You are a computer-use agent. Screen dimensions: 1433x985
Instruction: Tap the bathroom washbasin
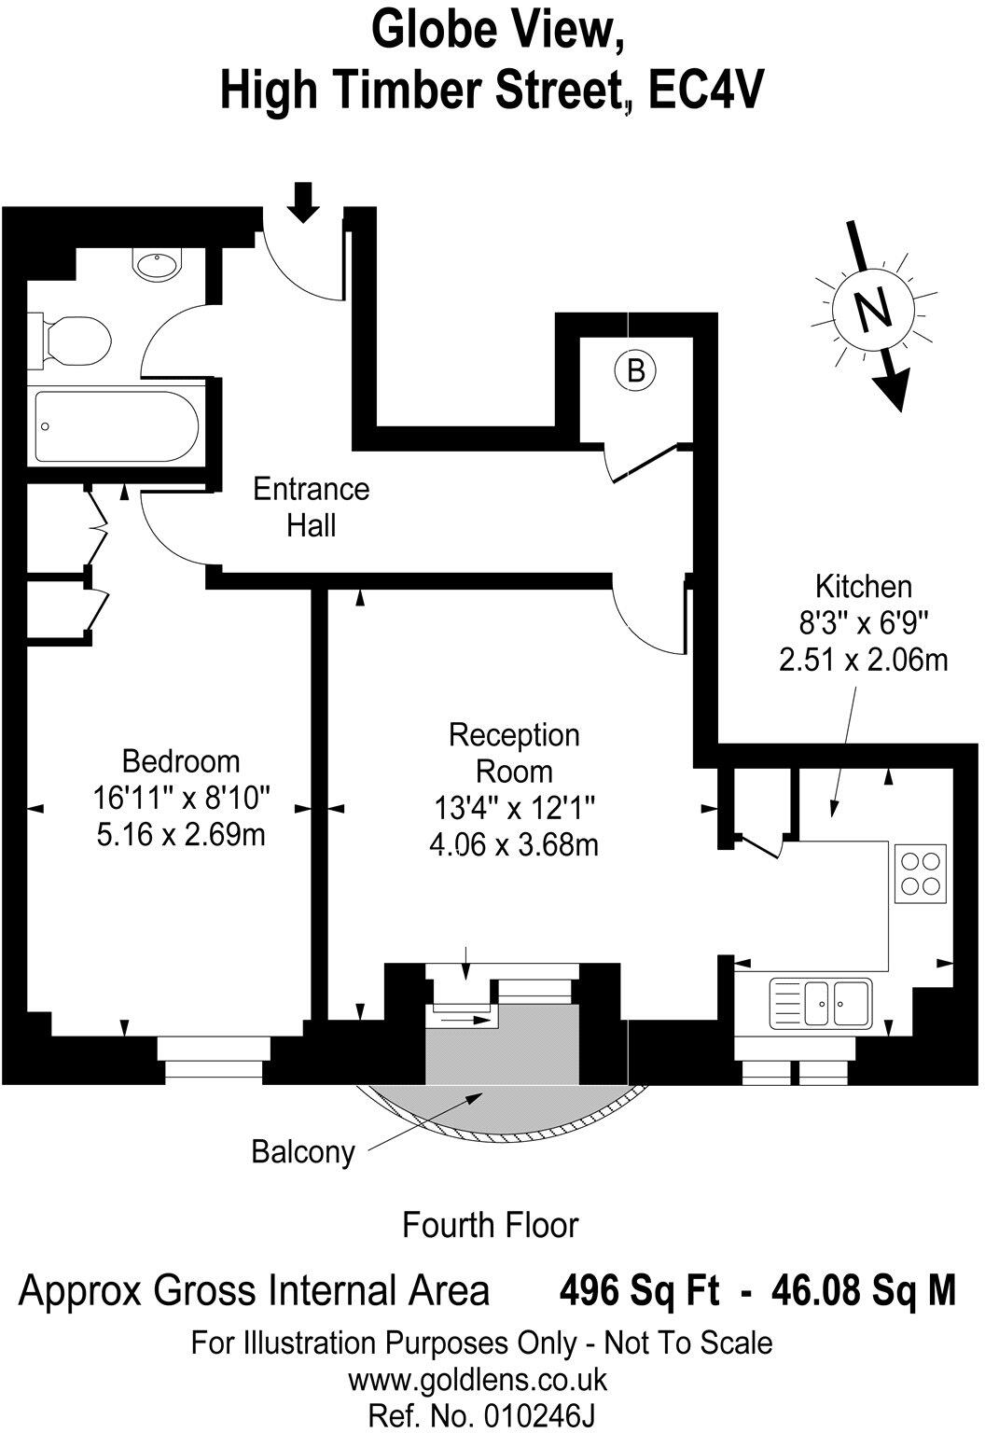[160, 265]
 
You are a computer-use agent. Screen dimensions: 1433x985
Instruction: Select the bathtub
[116, 425]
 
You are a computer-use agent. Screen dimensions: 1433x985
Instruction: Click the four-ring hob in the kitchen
[920, 873]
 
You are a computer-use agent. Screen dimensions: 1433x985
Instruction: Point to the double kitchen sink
[821, 1003]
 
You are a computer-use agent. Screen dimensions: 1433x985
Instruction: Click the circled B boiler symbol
[635, 370]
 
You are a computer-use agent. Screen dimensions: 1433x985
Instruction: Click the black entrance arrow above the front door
[302, 202]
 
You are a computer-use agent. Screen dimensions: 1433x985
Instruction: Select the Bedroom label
[180, 761]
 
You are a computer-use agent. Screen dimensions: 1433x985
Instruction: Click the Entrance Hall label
[312, 508]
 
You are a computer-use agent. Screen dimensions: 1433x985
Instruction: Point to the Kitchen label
[863, 587]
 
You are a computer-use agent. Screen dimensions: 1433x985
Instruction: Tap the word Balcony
[303, 1152]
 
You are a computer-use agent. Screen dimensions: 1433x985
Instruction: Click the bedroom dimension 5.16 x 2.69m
[180, 833]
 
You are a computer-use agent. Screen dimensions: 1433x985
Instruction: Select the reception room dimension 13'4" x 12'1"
[514, 807]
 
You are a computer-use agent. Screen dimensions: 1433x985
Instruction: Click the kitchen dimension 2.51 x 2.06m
[863, 660]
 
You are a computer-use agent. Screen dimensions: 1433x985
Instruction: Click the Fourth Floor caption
[490, 1224]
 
